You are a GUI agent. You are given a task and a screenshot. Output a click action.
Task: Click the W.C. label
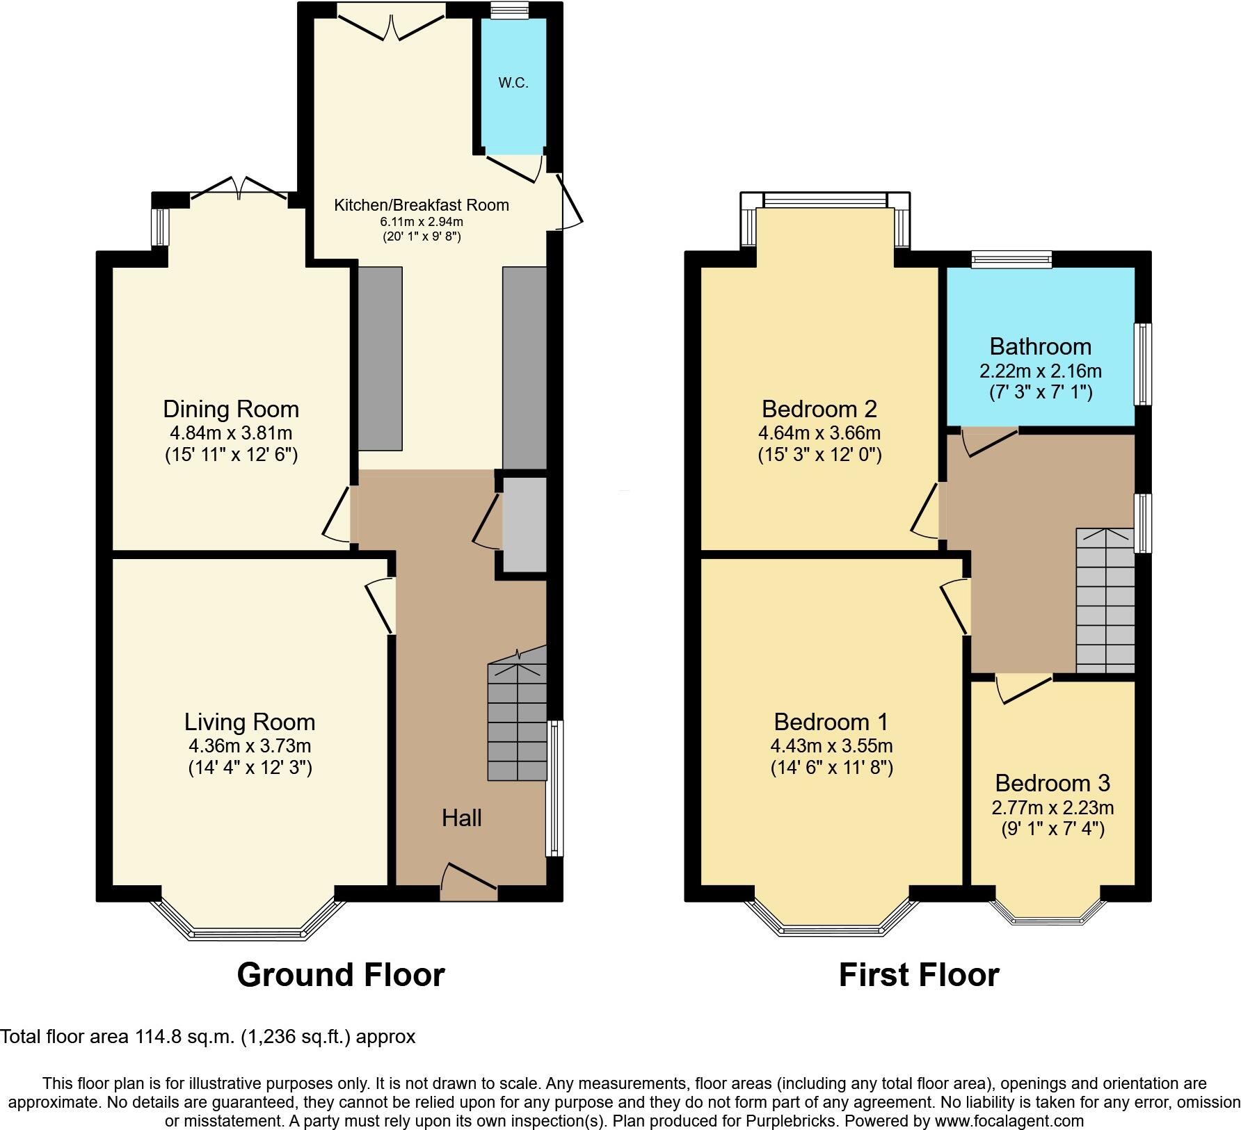(513, 83)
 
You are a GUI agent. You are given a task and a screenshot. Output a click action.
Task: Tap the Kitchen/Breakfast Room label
(422, 205)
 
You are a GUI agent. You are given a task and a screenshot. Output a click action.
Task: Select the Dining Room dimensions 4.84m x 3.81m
(231, 433)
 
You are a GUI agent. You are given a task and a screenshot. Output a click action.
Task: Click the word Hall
(462, 818)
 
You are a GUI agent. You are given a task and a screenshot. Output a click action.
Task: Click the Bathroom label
(1040, 346)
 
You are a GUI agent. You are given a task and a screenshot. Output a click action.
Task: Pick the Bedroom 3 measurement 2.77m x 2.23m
(1052, 807)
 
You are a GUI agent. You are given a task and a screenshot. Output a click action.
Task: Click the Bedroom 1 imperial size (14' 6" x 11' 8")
(831, 768)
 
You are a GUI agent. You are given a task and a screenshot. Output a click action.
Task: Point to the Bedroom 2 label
(819, 408)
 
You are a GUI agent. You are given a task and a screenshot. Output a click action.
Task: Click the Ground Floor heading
(341, 975)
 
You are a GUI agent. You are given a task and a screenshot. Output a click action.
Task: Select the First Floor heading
(918, 975)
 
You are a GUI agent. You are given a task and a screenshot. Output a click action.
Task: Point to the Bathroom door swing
(988, 443)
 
